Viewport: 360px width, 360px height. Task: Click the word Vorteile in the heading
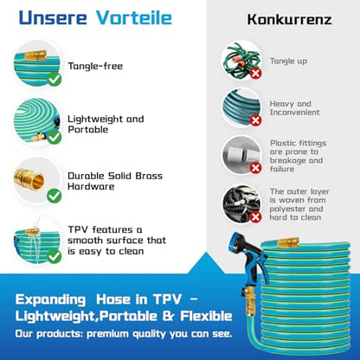pyautogui.click(x=134, y=18)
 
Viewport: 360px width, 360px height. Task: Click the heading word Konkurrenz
pyautogui.click(x=289, y=20)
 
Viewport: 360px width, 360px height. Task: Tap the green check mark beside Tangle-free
pyautogui.click(x=55, y=79)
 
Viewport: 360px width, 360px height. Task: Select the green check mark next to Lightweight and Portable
pyautogui.click(x=55, y=137)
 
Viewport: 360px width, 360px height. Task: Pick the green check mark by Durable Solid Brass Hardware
pyautogui.click(x=55, y=196)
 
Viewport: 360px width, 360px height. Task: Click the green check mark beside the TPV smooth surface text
pyautogui.click(x=55, y=256)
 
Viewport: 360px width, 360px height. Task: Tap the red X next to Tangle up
pyautogui.click(x=255, y=73)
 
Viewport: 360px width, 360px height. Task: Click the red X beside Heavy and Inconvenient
pyautogui.click(x=255, y=120)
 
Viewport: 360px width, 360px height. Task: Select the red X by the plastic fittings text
pyautogui.click(x=255, y=168)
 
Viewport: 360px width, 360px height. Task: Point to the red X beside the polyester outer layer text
pyautogui.click(x=255, y=217)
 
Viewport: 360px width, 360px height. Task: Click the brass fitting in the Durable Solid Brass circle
pyautogui.click(x=29, y=179)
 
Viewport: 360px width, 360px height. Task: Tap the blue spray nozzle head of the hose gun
pyautogui.click(x=237, y=241)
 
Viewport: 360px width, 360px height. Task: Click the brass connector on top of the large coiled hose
pyautogui.click(x=288, y=241)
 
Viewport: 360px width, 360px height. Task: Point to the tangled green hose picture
pyautogui.click(x=241, y=61)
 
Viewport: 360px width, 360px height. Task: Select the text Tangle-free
pyautogui.click(x=95, y=66)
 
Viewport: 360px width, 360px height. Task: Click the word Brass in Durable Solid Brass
pyautogui.click(x=149, y=176)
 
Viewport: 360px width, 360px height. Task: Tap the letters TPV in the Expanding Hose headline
pyautogui.click(x=167, y=299)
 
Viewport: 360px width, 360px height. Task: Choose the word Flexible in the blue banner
pyautogui.click(x=206, y=316)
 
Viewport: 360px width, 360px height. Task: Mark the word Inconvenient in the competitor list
pyautogui.click(x=294, y=112)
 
